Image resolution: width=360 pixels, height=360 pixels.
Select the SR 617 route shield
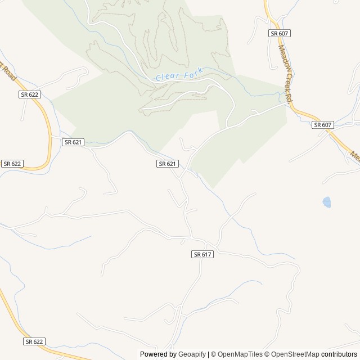(202, 254)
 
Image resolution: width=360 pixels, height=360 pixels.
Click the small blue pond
(326, 201)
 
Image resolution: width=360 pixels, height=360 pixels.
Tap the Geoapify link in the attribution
(192, 354)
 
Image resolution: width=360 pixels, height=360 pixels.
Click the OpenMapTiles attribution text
(240, 354)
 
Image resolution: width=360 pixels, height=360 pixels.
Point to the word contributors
(340, 354)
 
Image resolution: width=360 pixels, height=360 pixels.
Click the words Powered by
(158, 354)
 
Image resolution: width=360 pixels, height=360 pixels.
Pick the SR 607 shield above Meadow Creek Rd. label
(280, 33)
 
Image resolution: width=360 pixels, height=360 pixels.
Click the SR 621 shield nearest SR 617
(168, 164)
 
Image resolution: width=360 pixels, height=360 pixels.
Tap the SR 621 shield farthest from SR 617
(73, 142)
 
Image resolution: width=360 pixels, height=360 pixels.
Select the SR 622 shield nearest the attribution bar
(34, 341)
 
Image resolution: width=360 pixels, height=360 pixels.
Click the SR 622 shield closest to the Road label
(29, 94)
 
